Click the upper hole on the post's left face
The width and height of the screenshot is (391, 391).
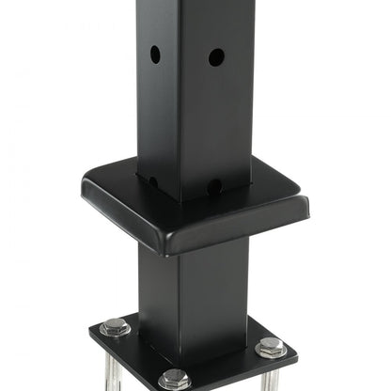tap(155, 55)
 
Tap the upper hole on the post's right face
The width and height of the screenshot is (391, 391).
tap(216, 57)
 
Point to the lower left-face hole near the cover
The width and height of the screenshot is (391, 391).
tap(153, 180)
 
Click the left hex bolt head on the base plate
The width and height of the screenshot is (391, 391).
tap(116, 325)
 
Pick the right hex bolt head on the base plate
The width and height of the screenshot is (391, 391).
tap(271, 345)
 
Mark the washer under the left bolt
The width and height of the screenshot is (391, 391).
tap(116, 331)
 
